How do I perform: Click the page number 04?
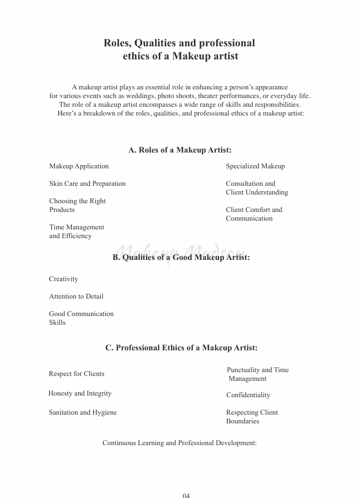pos(186,495)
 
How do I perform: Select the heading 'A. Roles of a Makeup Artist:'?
pos(180,150)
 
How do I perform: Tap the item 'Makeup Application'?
pos(79,166)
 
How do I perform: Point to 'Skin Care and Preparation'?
pos(87,184)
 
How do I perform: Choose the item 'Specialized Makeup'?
pos(255,166)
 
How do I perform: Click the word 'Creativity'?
pos(64,279)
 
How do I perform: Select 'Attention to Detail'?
pos(76,296)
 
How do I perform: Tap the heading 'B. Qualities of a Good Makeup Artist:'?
pos(181,257)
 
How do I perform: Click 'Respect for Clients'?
pos(76,374)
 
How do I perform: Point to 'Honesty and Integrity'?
pos(80,393)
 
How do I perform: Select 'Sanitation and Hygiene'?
pos(83,412)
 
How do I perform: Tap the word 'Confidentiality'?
pos(248,395)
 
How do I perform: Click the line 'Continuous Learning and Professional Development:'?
pos(180,443)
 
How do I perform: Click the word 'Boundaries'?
pos(243,421)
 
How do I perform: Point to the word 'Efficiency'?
pos(78,236)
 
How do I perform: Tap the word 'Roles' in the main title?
pos(117,43)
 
